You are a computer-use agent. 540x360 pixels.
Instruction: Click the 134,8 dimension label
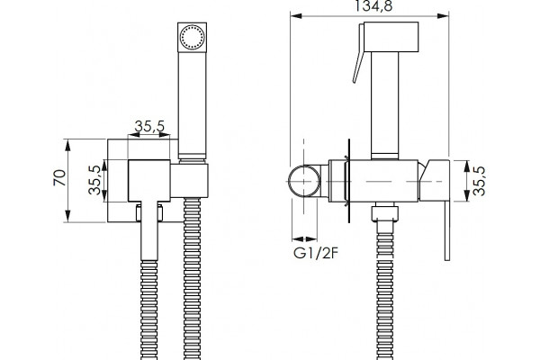[373, 6]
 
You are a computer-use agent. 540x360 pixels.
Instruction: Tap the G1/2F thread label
[316, 253]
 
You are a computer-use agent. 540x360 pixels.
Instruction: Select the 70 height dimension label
[60, 178]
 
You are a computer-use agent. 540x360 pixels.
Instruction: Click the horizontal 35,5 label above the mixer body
[149, 126]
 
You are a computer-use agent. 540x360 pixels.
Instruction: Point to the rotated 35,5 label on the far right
[479, 181]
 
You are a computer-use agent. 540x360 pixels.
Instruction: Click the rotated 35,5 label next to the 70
[94, 180]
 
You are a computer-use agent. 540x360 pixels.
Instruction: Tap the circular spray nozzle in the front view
[193, 37]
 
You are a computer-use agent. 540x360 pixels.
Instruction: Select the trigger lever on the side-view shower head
[359, 53]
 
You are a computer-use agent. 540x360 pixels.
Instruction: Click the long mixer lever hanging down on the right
[447, 230]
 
